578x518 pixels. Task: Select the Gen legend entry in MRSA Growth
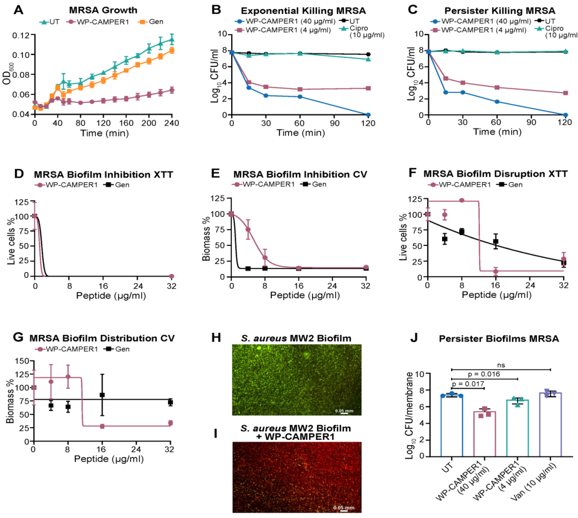(141, 21)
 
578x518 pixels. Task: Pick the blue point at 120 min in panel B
(368, 115)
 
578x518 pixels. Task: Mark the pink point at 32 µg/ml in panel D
(171, 275)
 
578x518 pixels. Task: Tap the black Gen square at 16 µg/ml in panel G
(102, 395)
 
